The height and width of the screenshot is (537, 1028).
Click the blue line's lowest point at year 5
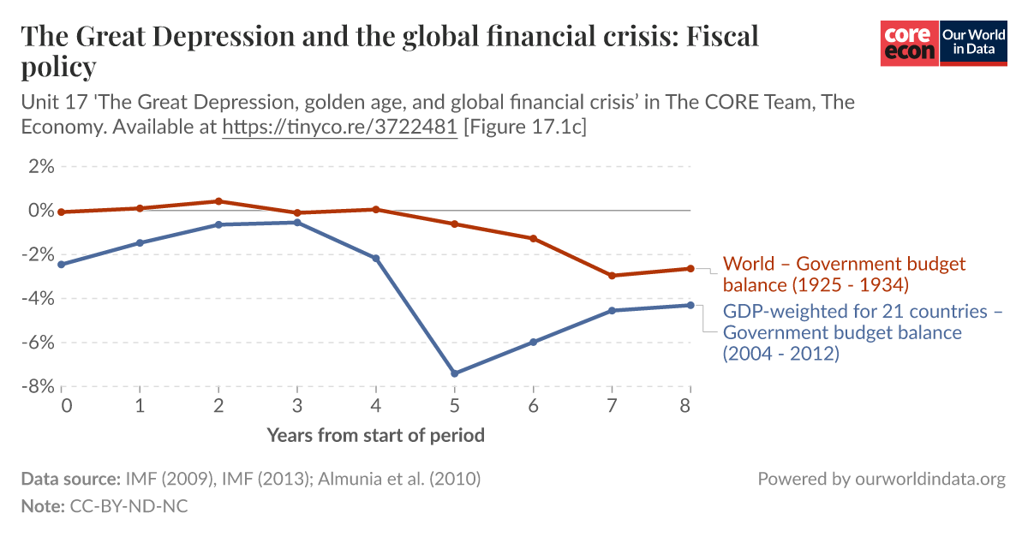(x=455, y=373)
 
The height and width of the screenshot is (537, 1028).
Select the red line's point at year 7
(x=612, y=276)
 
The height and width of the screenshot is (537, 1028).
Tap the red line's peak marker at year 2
(x=218, y=201)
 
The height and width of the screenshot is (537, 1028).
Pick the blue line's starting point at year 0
(x=62, y=265)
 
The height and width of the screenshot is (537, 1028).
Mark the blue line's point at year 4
(x=376, y=259)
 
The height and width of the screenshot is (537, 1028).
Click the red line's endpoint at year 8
(x=690, y=268)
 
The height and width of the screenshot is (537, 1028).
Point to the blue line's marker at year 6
(x=533, y=342)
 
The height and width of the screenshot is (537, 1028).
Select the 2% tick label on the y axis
(x=41, y=166)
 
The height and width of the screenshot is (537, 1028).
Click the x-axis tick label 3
(x=297, y=405)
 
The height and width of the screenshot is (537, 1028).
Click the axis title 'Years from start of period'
(x=375, y=435)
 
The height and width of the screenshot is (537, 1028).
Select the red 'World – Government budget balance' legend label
(x=844, y=273)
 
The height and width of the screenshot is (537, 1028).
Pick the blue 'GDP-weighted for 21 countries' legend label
(x=863, y=331)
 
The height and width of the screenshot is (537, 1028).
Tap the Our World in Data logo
(x=973, y=43)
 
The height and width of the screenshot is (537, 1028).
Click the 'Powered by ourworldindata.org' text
(x=881, y=479)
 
